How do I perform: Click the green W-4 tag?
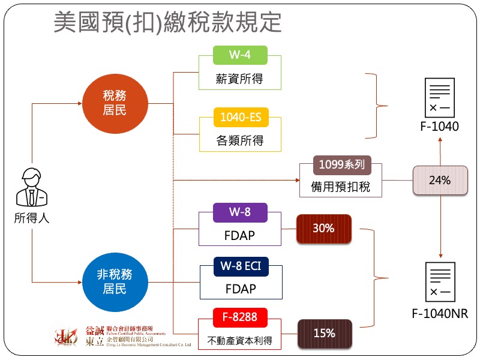(240, 55)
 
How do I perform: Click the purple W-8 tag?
(240, 212)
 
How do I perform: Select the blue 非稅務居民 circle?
(115, 281)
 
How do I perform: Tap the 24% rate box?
(440, 180)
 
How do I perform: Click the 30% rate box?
(323, 228)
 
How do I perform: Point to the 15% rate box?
(324, 334)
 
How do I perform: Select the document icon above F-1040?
(440, 98)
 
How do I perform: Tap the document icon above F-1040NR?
(440, 283)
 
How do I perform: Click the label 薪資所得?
(239, 79)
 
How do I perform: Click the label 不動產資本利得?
(239, 341)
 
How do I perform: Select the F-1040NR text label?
(440, 314)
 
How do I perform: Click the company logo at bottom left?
(66, 337)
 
